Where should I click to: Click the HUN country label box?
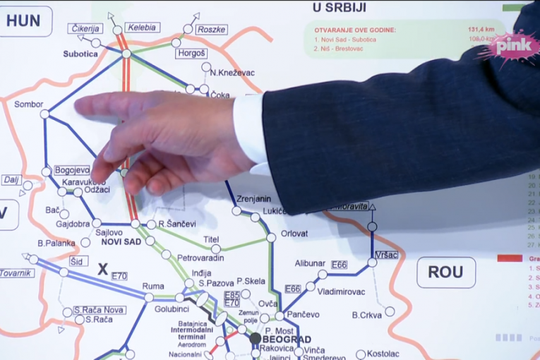23,20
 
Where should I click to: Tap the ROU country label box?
445,272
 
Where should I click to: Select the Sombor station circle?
44,114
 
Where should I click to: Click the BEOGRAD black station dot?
256,339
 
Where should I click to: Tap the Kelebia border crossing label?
143,28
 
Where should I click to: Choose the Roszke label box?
212,29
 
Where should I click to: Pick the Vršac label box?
386,254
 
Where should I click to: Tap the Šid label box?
79,260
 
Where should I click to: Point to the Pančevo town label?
305,314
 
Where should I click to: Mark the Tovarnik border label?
16,273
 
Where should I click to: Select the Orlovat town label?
294,233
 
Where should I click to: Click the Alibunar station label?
310,263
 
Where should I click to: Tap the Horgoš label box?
191,53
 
